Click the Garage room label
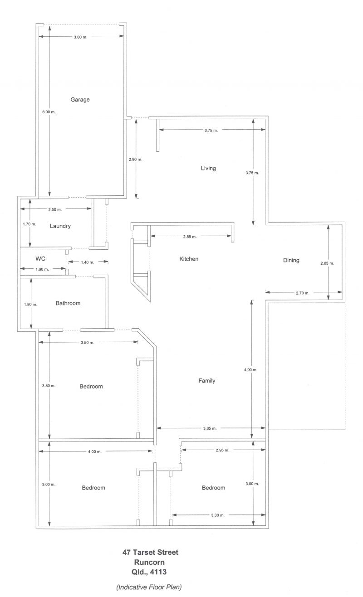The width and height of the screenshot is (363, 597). tap(80, 100)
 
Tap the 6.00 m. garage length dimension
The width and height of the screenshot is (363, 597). tap(49, 112)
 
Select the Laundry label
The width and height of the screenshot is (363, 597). tap(60, 226)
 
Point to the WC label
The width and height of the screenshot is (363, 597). tap(40, 258)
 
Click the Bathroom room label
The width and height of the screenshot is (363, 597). tap(68, 303)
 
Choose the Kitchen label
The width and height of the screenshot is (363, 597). tap(189, 259)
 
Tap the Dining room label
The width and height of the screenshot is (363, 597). tap(291, 260)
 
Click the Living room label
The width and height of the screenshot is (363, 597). tap(208, 168)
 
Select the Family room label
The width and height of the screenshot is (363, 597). tap(207, 381)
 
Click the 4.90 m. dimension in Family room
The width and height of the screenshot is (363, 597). tap(251, 369)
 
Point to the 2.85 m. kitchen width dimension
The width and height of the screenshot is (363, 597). tap(190, 237)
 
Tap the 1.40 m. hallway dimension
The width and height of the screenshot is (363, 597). tap(88, 262)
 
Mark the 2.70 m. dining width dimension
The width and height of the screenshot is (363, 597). tap(303, 293)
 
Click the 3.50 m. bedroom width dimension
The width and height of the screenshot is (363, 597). tap(88, 343)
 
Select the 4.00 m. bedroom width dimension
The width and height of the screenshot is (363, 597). tap(95, 451)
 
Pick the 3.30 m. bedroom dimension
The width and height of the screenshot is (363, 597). tap(218, 515)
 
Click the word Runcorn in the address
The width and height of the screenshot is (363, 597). tap(149, 562)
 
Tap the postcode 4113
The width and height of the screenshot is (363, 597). tap(158, 572)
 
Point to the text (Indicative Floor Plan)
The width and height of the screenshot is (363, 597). tap(149, 587)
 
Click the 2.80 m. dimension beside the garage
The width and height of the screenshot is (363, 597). tap(136, 160)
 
